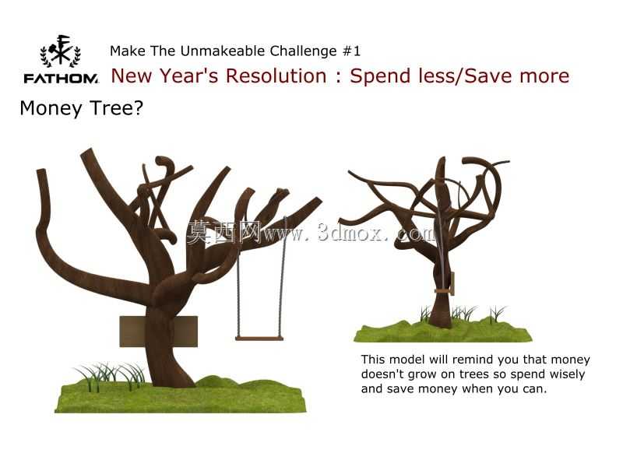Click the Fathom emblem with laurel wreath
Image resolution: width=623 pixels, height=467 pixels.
(61, 51)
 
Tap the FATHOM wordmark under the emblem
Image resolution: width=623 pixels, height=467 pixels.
(61, 79)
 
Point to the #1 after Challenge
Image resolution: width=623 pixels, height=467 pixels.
(351, 51)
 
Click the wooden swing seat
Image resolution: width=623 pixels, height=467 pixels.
(259, 339)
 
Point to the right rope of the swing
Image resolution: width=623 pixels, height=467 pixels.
(283, 277)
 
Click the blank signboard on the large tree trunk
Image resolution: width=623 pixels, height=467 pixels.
(159, 332)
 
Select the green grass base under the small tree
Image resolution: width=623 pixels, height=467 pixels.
(442, 330)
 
